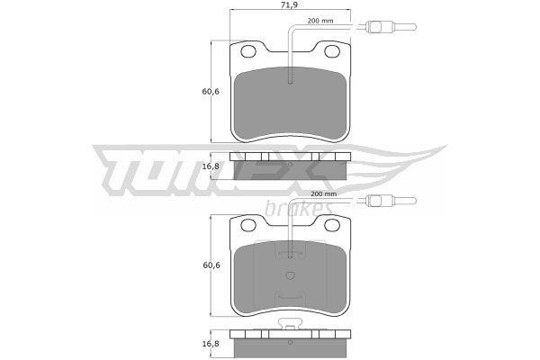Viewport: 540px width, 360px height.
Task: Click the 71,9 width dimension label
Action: [x=289, y=4]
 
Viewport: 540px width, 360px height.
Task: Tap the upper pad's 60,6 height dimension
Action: [x=211, y=92]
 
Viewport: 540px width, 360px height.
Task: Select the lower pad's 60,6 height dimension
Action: [x=211, y=265]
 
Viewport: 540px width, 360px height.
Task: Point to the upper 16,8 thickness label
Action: [x=211, y=166]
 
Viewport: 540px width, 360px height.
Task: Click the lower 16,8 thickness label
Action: [x=211, y=344]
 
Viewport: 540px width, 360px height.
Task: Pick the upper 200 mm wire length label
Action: [x=320, y=21]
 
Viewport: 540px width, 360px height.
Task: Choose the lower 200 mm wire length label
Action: [x=323, y=194]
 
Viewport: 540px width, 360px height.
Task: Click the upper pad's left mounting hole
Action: [x=248, y=51]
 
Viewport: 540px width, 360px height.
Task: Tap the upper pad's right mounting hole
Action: [x=332, y=51]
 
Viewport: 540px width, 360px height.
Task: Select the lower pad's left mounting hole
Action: [x=248, y=225]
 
